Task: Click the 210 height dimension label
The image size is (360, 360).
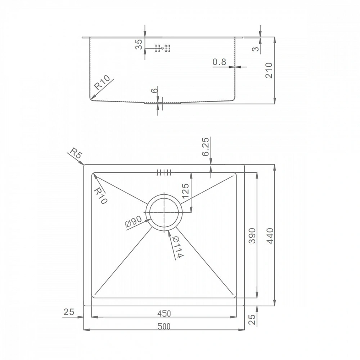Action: pyautogui.click(x=269, y=70)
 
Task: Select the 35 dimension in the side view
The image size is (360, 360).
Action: pyautogui.click(x=139, y=44)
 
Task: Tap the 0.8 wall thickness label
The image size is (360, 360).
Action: pyautogui.click(x=219, y=62)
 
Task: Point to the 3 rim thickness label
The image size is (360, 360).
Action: pyautogui.click(x=256, y=49)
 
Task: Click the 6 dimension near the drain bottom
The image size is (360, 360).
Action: pyautogui.click(x=156, y=90)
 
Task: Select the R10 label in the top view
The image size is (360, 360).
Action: pyautogui.click(x=100, y=196)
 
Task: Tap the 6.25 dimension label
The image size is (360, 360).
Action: pyautogui.click(x=206, y=147)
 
